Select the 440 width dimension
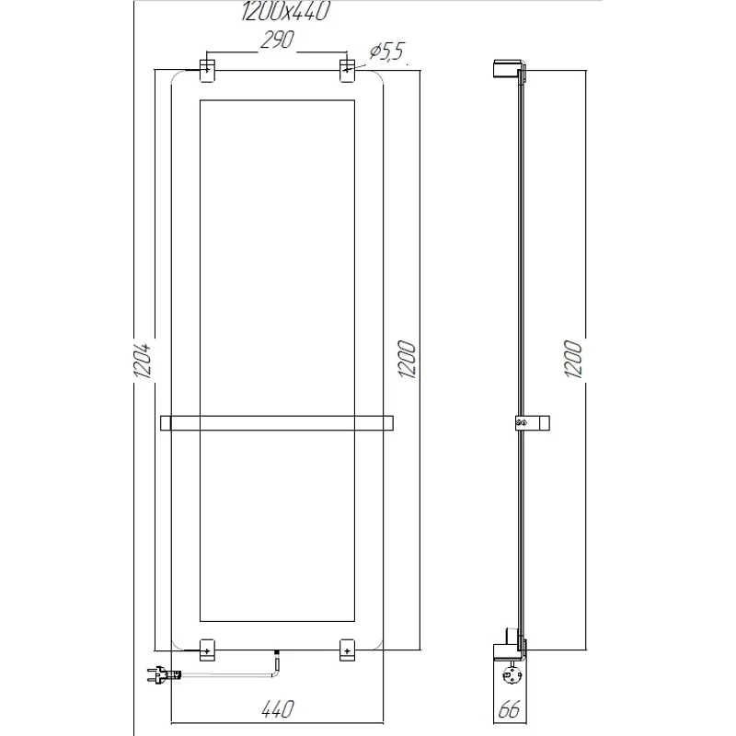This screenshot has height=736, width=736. pyautogui.click(x=277, y=710)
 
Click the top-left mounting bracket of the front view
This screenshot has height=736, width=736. pyautogui.click(x=207, y=69)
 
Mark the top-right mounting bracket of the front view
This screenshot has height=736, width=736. pyautogui.click(x=347, y=69)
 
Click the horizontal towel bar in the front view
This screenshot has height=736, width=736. pyautogui.click(x=277, y=422)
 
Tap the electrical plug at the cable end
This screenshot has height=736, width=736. pyautogui.click(x=157, y=676)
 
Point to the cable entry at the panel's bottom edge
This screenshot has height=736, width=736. pyautogui.click(x=278, y=657)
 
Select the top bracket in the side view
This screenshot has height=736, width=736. pyautogui.click(x=507, y=70)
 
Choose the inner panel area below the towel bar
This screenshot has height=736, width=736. pyautogui.click(x=277, y=534)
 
